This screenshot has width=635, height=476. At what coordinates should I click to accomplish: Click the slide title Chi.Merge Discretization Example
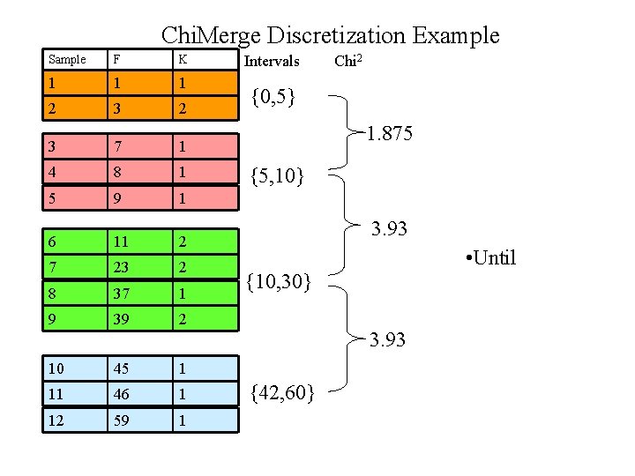pyautogui.click(x=330, y=35)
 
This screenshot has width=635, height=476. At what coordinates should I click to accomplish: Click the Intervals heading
pyautogui.click(x=272, y=61)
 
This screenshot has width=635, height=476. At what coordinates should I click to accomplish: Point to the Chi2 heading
pyautogui.click(x=351, y=61)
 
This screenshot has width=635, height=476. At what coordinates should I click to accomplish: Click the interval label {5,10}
pyautogui.click(x=278, y=176)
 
